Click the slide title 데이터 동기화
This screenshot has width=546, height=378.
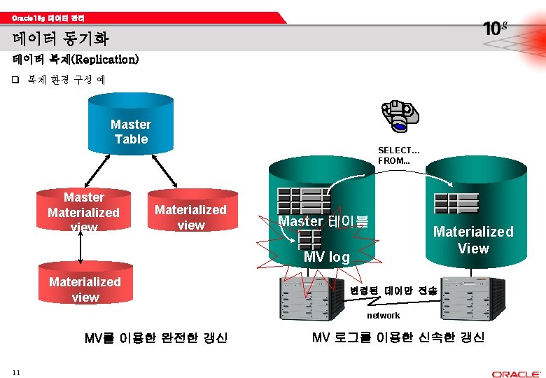tap(60, 38)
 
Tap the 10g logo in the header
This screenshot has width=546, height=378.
tap(495, 28)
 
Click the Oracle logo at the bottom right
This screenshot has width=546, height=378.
tap(516, 374)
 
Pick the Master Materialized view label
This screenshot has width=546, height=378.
tap(83, 211)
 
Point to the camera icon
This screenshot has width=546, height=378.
tap(400, 115)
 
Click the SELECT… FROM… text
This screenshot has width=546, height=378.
tap(398, 155)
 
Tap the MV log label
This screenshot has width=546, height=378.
tap(326, 257)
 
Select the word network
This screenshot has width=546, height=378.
tap(384, 316)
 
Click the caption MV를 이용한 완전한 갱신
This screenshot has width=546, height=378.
tap(155, 338)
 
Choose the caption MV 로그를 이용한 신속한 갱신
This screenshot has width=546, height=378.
tap(398, 337)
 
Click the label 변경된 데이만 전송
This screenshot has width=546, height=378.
tap(394, 290)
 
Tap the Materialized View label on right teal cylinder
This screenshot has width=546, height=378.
tap(473, 239)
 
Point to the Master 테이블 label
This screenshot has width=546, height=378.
tap(323, 222)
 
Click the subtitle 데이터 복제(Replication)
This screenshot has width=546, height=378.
tap(76, 59)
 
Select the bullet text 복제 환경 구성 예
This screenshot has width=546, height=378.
tap(66, 80)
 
